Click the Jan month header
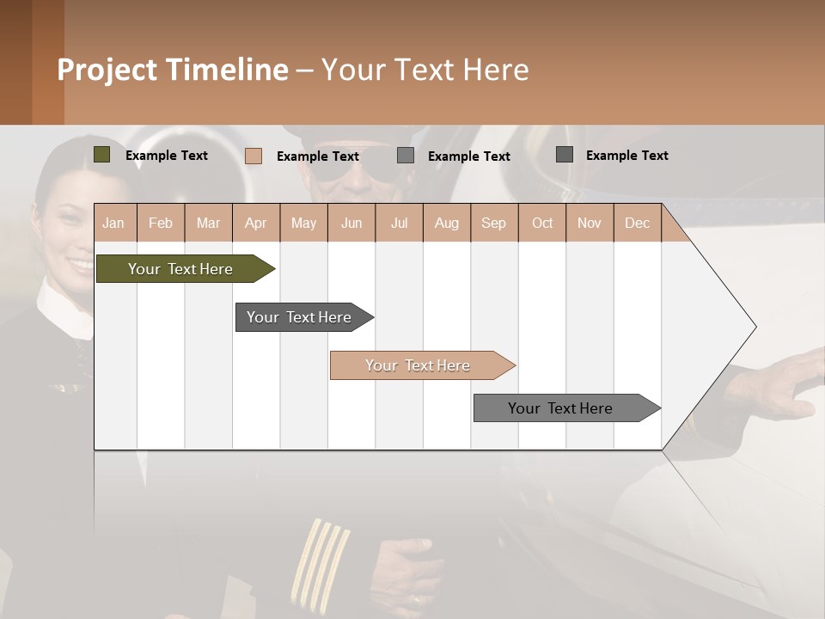point(113,223)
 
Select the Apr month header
point(255,223)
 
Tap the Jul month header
point(399,223)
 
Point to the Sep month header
point(493,223)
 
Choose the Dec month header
point(637,223)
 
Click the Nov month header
point(589,223)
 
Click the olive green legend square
point(102,155)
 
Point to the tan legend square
point(254,156)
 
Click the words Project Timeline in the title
point(173,70)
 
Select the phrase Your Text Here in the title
point(425,70)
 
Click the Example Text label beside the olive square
point(167,156)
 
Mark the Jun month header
point(351,223)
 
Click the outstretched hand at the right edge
point(778,383)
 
